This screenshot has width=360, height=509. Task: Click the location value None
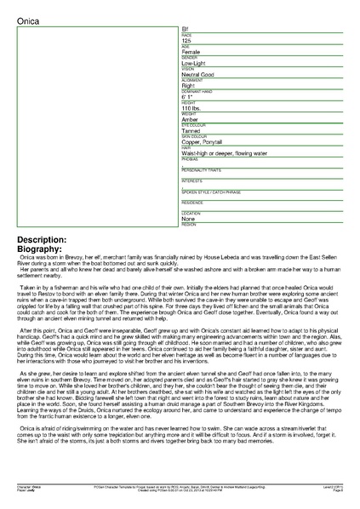[x=188, y=219]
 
